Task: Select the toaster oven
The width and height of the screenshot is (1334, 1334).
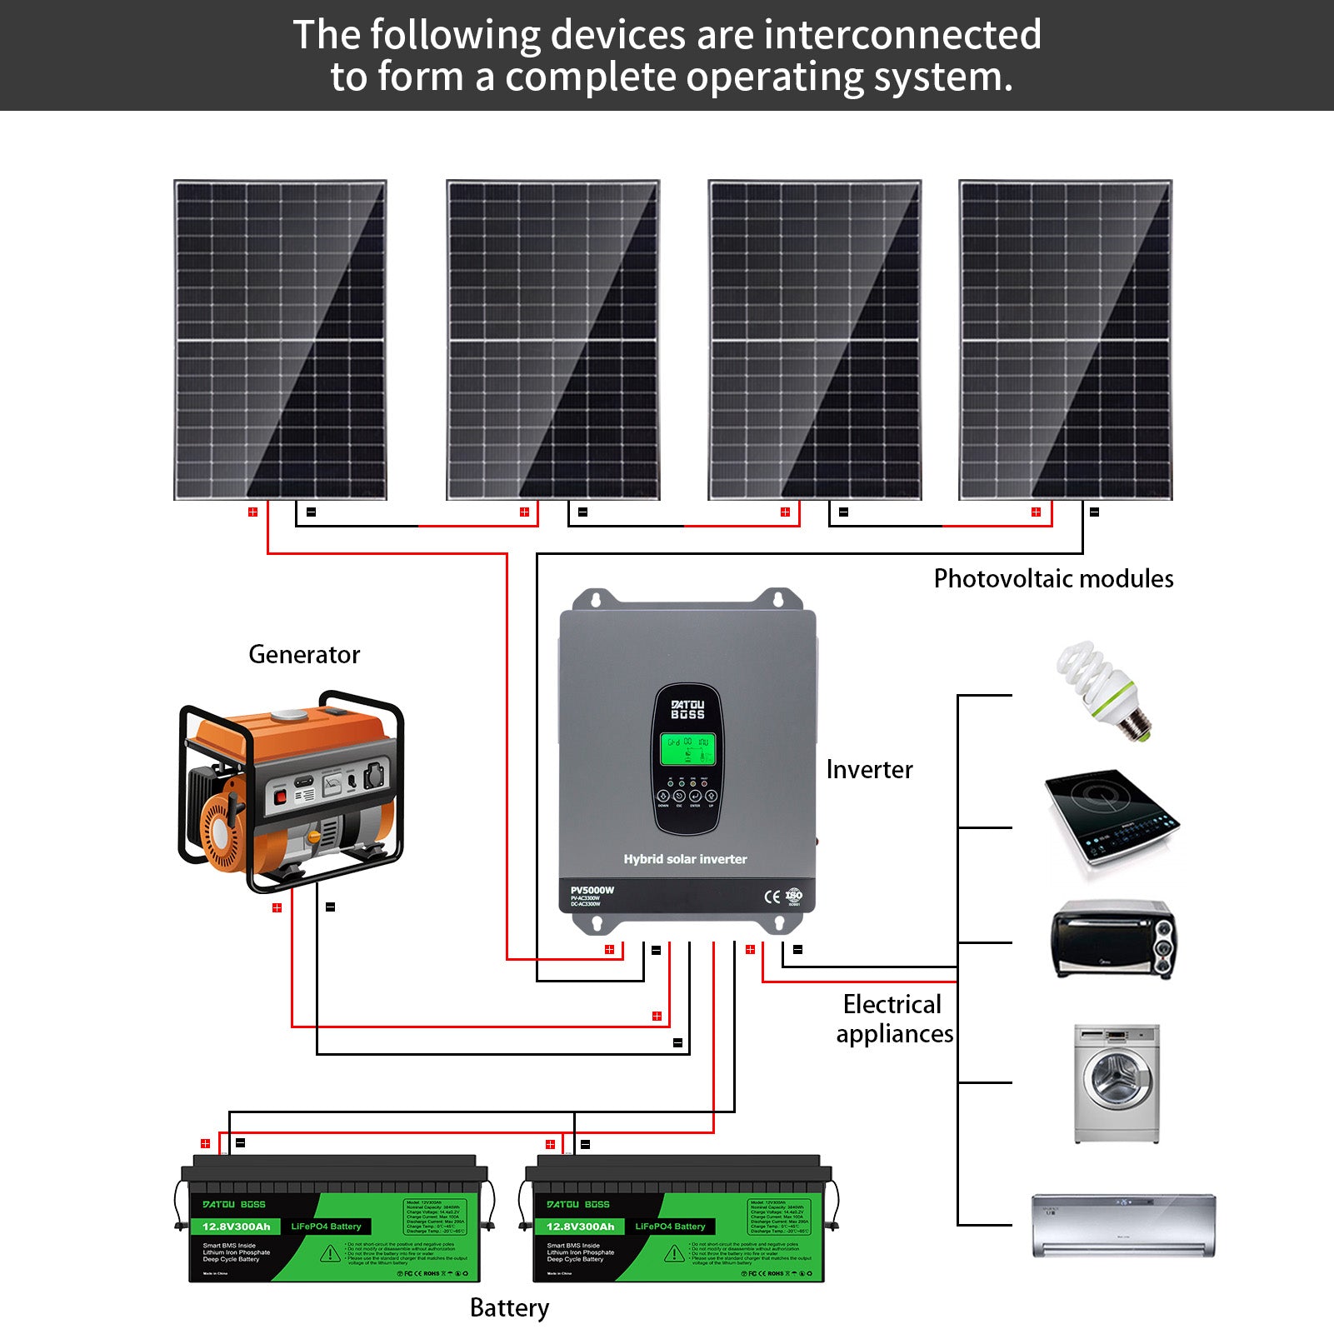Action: coord(1113,939)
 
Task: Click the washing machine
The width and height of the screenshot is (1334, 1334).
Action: coord(1117,1083)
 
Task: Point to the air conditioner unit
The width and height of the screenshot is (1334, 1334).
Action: coord(1123,1225)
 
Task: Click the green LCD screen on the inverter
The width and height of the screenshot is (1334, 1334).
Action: coord(687,750)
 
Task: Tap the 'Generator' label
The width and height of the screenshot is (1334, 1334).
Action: coord(304,655)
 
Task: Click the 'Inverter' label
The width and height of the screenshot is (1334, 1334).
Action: coord(869,770)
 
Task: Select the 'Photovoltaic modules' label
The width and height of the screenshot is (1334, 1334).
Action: coord(1053,579)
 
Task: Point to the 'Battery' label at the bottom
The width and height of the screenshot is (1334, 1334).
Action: coord(509,1308)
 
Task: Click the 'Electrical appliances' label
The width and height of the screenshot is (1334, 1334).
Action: coord(894,1019)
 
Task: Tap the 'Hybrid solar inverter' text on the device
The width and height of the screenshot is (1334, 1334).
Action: coord(685,859)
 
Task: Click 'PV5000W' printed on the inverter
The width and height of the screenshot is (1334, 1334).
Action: coord(592,890)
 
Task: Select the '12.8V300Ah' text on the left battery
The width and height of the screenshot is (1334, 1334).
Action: coord(237,1227)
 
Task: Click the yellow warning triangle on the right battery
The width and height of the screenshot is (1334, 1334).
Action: coord(673,1253)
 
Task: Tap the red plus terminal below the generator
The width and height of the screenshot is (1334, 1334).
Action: coord(277,907)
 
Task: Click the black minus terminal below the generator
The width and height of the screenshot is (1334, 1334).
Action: coord(331,907)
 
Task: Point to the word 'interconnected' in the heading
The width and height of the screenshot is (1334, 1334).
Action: coord(902,35)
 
